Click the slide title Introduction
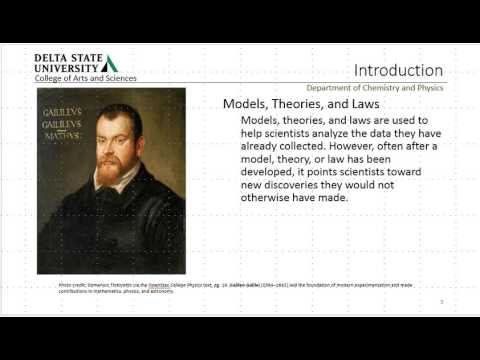coord(398,70)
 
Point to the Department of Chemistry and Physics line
coord(387,88)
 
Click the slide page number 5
coord(441,300)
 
